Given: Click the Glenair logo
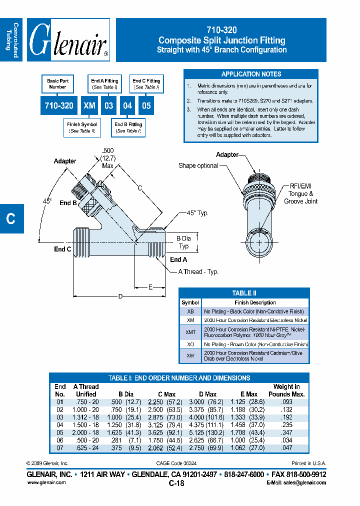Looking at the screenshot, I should click(68, 40).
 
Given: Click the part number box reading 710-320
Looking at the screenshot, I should click(58, 106).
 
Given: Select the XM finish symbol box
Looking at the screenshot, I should click(89, 106).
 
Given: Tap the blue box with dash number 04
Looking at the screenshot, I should click(127, 106).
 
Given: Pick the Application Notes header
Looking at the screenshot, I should click(251, 74).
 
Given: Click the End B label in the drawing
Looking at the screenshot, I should click(68, 203).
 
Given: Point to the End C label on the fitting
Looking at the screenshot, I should click(62, 249).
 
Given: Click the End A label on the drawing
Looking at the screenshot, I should click(178, 259).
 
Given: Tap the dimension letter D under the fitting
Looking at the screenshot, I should click(120, 296).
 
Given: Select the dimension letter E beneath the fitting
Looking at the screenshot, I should click(150, 287).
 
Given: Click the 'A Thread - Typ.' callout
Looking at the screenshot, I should click(198, 271).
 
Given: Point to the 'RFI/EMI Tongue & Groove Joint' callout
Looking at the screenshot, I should click(300, 193).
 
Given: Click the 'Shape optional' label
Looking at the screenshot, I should click(198, 165).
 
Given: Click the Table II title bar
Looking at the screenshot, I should click(244, 293).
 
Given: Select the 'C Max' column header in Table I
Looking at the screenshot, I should click(166, 394).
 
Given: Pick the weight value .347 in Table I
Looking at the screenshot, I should click(286, 432).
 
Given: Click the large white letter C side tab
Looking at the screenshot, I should click(10, 218).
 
